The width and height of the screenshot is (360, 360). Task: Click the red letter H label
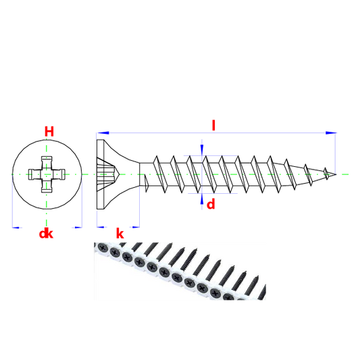click(49, 132)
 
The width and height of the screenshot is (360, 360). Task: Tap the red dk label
click(46, 234)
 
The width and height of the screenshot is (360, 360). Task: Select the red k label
click(120, 234)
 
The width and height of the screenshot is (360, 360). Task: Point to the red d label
click(211, 204)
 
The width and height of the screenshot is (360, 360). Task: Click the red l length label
click(213, 126)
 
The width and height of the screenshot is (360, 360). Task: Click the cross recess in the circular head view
click(47, 174)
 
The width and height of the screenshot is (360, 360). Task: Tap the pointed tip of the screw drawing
click(336, 174)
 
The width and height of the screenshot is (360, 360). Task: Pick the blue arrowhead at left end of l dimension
click(103, 133)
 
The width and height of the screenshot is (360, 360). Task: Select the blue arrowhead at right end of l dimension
click(332, 133)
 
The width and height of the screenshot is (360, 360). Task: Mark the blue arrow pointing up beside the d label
click(202, 199)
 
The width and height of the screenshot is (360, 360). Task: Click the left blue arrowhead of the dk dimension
click(16, 228)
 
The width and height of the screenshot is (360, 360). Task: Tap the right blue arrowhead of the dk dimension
click(78, 228)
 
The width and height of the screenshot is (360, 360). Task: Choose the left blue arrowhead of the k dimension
click(101, 227)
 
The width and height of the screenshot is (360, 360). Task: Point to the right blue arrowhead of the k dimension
click(136, 227)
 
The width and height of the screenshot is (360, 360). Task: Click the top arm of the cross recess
click(47, 163)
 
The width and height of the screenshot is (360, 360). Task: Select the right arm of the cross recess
click(59, 174)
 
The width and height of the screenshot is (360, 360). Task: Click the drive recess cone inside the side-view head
click(107, 174)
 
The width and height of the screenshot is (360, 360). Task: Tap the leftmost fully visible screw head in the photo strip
click(103, 248)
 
